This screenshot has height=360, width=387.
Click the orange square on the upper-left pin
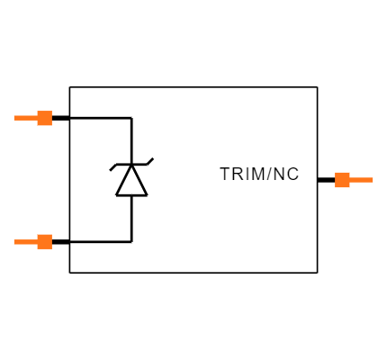tap(44, 118)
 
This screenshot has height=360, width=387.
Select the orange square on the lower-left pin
tap(44, 241)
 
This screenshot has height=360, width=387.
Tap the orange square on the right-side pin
tap(342, 180)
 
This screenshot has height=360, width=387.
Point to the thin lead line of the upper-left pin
tap(25, 118)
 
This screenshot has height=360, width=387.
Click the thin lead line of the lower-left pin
tap(25, 241)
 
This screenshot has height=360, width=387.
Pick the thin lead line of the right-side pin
tap(361, 180)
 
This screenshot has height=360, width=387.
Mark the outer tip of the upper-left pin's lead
tap(14, 118)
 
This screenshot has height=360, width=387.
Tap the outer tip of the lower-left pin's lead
tap(14, 241)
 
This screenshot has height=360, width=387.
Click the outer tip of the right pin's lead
tap(372, 180)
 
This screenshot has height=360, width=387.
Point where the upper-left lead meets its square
tap(37, 118)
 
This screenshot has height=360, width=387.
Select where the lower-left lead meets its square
tap(37, 241)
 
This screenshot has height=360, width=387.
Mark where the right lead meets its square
tap(349, 180)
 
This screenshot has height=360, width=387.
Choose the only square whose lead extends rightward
tap(342, 180)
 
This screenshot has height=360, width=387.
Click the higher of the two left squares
tap(44, 118)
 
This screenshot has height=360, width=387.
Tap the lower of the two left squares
tap(44, 241)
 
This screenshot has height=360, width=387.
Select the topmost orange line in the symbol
tap(25, 118)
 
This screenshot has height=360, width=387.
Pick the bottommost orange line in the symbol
tap(25, 241)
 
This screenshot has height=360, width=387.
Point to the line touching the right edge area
tap(361, 180)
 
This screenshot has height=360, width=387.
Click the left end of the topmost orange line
tap(14, 118)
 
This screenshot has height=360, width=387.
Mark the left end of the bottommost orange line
tap(14, 241)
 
